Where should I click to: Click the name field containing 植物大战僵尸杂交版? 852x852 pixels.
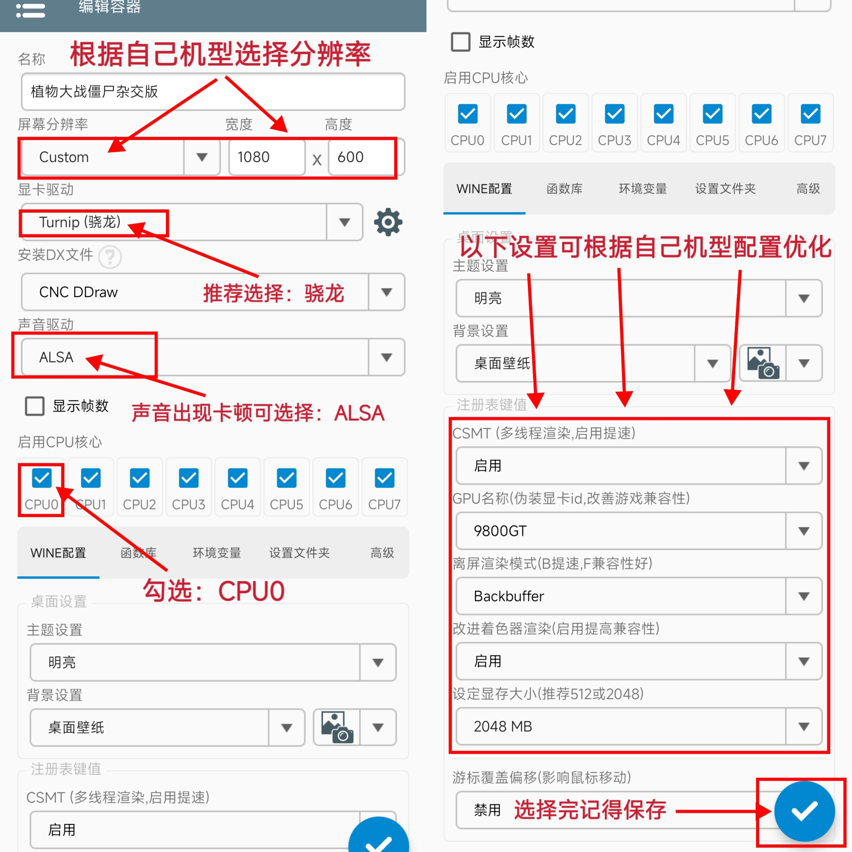tap(213, 92)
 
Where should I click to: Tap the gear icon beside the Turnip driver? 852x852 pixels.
tap(388, 222)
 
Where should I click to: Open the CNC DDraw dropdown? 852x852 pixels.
tap(213, 292)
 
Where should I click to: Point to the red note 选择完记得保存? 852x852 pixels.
tap(590, 810)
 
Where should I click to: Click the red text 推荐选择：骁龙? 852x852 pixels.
tap(273, 293)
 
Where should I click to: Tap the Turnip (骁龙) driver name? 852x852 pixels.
tap(80, 222)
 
